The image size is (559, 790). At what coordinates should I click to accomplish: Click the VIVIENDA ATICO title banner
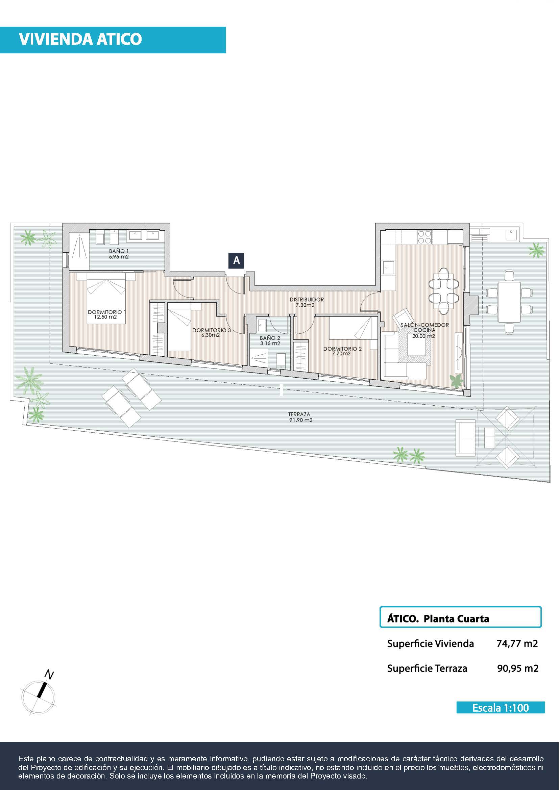click(x=113, y=40)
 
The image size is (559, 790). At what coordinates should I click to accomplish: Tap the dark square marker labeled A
click(x=237, y=260)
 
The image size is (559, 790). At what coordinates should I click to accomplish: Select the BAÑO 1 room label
click(x=119, y=254)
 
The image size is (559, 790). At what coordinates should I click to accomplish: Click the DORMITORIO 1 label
click(x=107, y=314)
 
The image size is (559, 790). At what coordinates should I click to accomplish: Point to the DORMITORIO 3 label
click(x=211, y=332)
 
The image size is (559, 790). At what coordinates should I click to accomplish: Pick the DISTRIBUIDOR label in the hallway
click(x=306, y=302)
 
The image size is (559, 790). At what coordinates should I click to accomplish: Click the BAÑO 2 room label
click(x=270, y=341)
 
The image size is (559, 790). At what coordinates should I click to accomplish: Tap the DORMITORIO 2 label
click(x=342, y=351)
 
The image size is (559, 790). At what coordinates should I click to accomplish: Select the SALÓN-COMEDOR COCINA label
click(x=425, y=330)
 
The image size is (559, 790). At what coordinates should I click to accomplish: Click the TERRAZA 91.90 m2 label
click(x=300, y=417)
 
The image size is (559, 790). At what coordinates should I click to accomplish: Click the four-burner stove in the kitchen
click(x=424, y=237)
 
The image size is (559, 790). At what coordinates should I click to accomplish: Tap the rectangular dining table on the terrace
click(x=509, y=302)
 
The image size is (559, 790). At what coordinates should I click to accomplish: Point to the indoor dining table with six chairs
click(x=444, y=291)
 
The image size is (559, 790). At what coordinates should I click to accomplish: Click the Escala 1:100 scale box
click(x=501, y=708)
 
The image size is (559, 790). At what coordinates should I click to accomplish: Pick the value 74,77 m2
click(x=517, y=643)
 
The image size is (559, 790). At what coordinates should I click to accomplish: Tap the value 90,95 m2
click(x=518, y=668)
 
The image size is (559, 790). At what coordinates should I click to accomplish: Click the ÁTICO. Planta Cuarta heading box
click(x=461, y=617)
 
